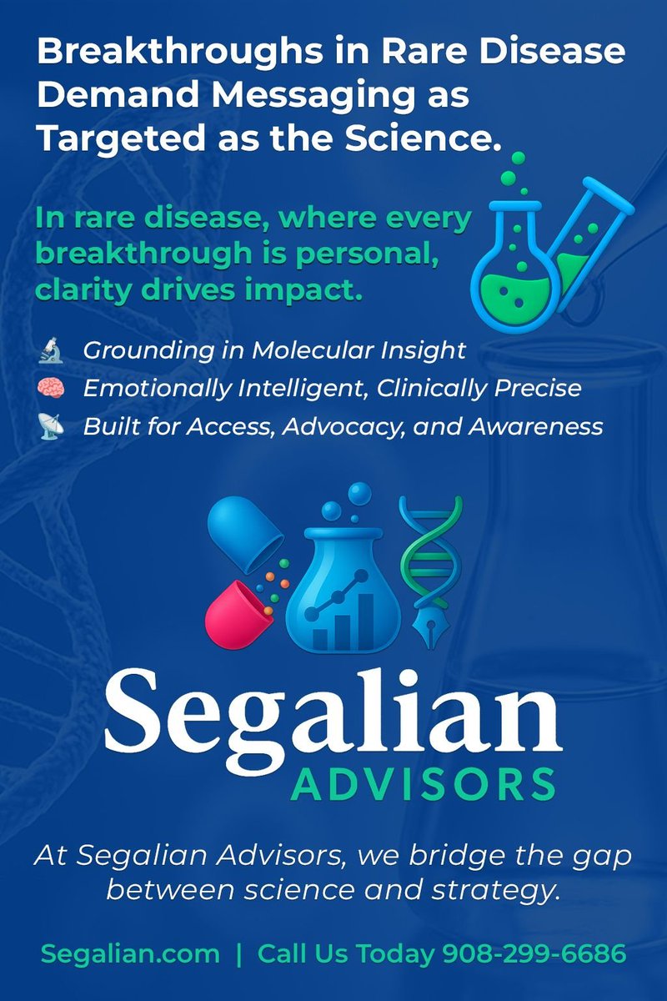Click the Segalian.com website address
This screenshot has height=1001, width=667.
[x=130, y=953]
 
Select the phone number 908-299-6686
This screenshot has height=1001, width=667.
[x=534, y=953]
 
